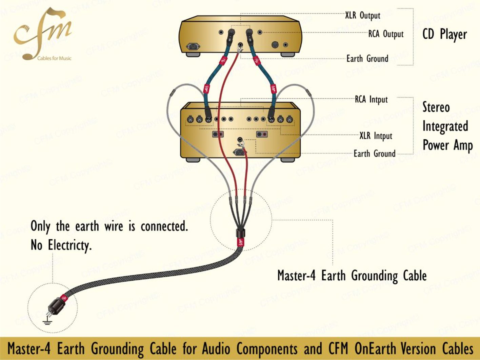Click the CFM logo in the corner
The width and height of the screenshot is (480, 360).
pos(43,34)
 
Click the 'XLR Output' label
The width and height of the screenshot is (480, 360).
pos(363,16)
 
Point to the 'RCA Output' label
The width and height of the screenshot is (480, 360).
pos(386,34)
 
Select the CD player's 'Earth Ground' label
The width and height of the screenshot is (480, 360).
pos(367,59)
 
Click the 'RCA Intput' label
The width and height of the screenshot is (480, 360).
pos(371,100)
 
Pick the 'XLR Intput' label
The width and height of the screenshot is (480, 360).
pos(376,136)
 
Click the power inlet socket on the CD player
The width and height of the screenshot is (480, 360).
pos(193,46)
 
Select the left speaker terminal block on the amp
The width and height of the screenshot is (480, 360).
pos(218,134)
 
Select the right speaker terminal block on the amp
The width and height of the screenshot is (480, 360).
pos(262,134)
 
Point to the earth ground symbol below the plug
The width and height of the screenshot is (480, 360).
pos(47,321)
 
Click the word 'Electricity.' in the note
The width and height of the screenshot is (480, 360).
pos(70,245)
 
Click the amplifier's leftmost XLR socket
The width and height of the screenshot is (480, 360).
pos(191,119)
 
